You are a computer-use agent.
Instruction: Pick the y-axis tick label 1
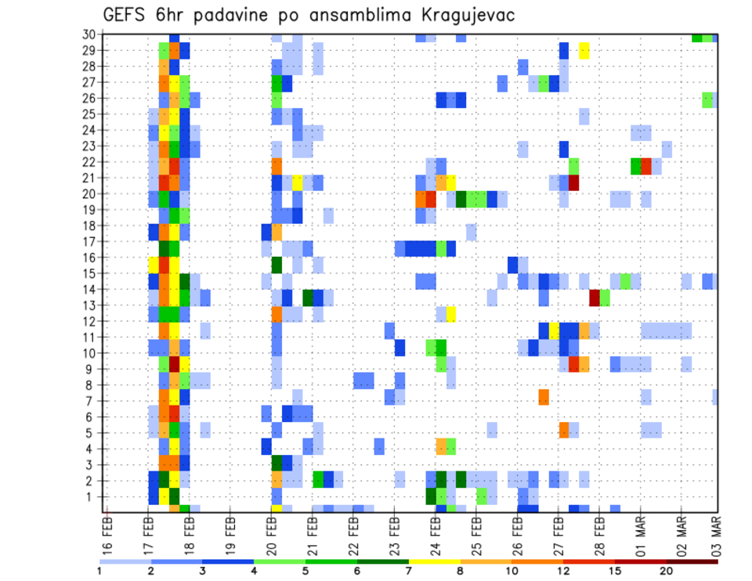tap(92, 496)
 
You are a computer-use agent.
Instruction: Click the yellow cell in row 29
tap(584, 50)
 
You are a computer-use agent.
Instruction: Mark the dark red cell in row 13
tap(595, 298)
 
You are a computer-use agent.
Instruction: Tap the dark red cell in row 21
tap(574, 182)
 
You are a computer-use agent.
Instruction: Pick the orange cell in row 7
tap(544, 397)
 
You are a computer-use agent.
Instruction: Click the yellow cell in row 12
tap(451, 314)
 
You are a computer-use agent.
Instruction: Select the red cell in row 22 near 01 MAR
tap(646, 166)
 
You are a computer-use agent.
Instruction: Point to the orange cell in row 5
tap(564, 429)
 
